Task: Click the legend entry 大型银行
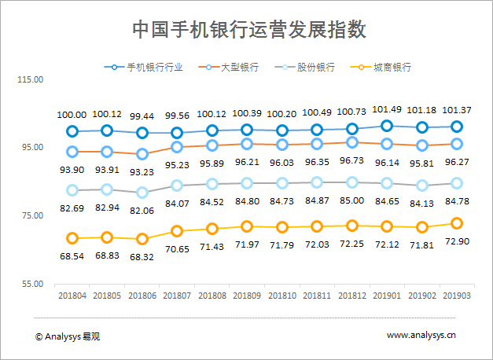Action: click(x=238, y=68)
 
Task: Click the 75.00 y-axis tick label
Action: click(x=31, y=216)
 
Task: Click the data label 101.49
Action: click(x=387, y=109)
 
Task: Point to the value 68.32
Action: click(x=142, y=256)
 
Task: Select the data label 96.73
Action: click(x=351, y=160)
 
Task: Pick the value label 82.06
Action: click(x=142, y=211)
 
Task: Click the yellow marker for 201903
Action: click(x=456, y=224)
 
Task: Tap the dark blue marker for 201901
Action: click(x=387, y=126)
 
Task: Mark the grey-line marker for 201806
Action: click(x=142, y=193)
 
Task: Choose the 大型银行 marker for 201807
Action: click(x=177, y=147)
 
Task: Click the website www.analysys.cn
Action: click(x=421, y=336)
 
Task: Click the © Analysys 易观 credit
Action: click(x=68, y=336)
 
